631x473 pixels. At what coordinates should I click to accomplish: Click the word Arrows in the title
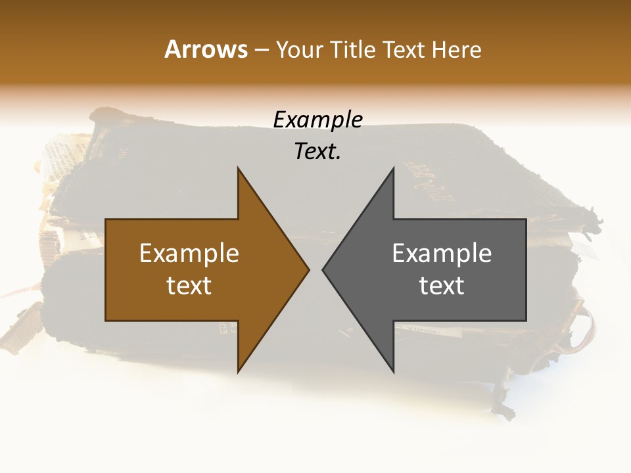pos(205,49)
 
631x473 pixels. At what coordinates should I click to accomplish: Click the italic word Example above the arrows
pos(317,120)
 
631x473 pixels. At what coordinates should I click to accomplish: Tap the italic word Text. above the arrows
pos(317,152)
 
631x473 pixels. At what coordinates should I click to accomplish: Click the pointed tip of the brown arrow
pos(309,269)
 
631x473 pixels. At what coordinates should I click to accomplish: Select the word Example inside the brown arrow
pos(189,254)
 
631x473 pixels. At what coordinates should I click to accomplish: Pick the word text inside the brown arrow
pos(189,286)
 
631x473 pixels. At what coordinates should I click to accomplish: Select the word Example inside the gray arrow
pos(442,254)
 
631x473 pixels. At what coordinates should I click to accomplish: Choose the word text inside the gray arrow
pos(442,286)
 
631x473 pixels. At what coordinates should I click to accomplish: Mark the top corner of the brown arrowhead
pos(238,168)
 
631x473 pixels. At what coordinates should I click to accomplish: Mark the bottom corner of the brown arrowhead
pos(238,372)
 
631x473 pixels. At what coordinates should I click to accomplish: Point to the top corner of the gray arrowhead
pos(393,168)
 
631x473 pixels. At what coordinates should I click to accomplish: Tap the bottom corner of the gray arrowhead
pos(393,372)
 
